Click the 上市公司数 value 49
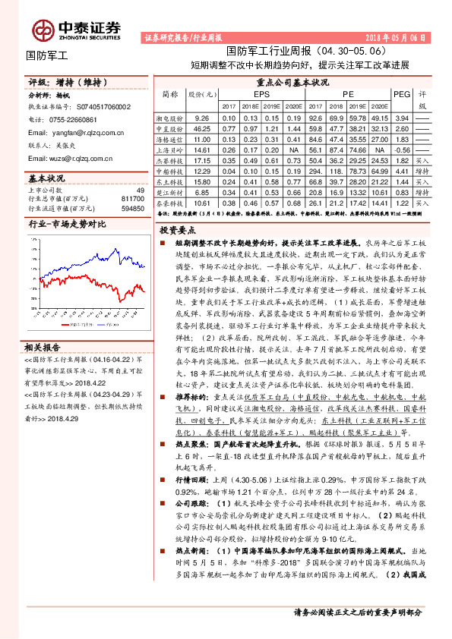140,189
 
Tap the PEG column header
401,94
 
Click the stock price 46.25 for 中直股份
201,129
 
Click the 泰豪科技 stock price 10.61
201,203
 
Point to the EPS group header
262,94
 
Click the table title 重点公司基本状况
292,81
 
